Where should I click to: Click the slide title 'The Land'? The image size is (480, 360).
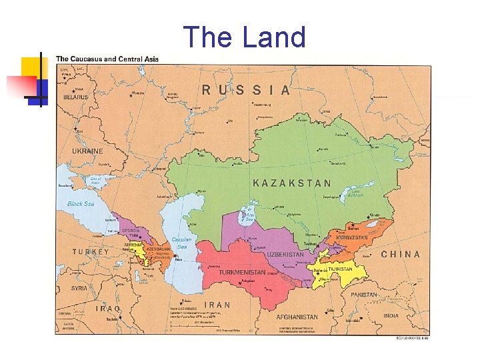tap(244, 37)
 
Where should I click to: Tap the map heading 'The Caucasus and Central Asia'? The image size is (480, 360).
tap(107, 59)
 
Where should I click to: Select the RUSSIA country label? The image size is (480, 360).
tap(246, 90)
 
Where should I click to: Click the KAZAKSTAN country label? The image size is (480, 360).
tap(292, 182)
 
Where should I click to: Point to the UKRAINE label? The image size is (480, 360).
tap(88, 151)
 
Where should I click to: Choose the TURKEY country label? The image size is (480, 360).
tap(91, 252)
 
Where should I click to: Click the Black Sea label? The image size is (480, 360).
tap(81, 203)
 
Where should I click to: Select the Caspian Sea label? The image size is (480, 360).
tap(181, 243)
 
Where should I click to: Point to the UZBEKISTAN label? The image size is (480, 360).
tap(285, 254)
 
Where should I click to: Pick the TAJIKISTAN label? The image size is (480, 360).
tap(340, 269)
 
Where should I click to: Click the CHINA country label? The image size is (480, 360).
tap(401, 254)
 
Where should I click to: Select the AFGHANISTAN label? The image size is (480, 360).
tap(297, 317)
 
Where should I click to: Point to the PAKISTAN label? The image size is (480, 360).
tap(363, 294)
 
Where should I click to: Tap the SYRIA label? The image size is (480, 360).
tap(79, 288)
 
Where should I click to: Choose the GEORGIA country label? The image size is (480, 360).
tap(130, 230)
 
